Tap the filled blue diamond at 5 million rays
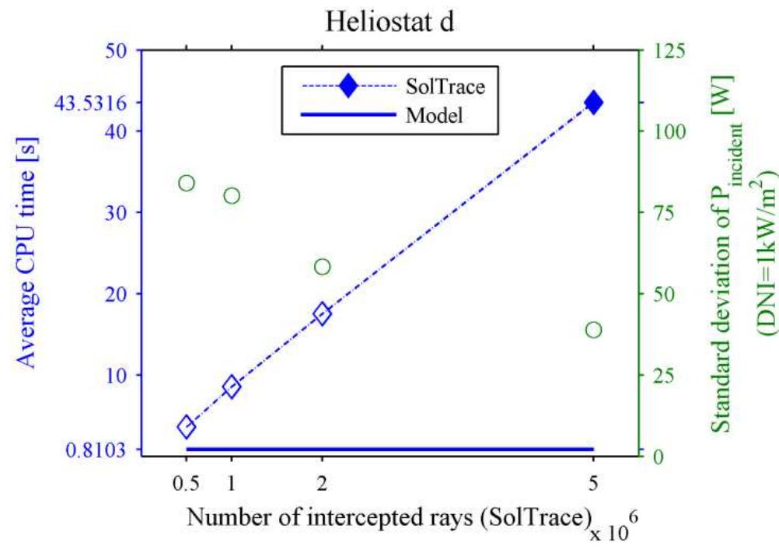(593, 102)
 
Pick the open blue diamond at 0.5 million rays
(186, 426)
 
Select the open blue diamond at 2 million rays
(322, 313)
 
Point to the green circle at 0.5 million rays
(186, 183)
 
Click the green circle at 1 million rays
(231, 195)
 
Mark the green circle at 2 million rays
(322, 267)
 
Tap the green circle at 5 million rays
(593, 330)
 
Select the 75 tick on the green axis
(659, 212)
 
